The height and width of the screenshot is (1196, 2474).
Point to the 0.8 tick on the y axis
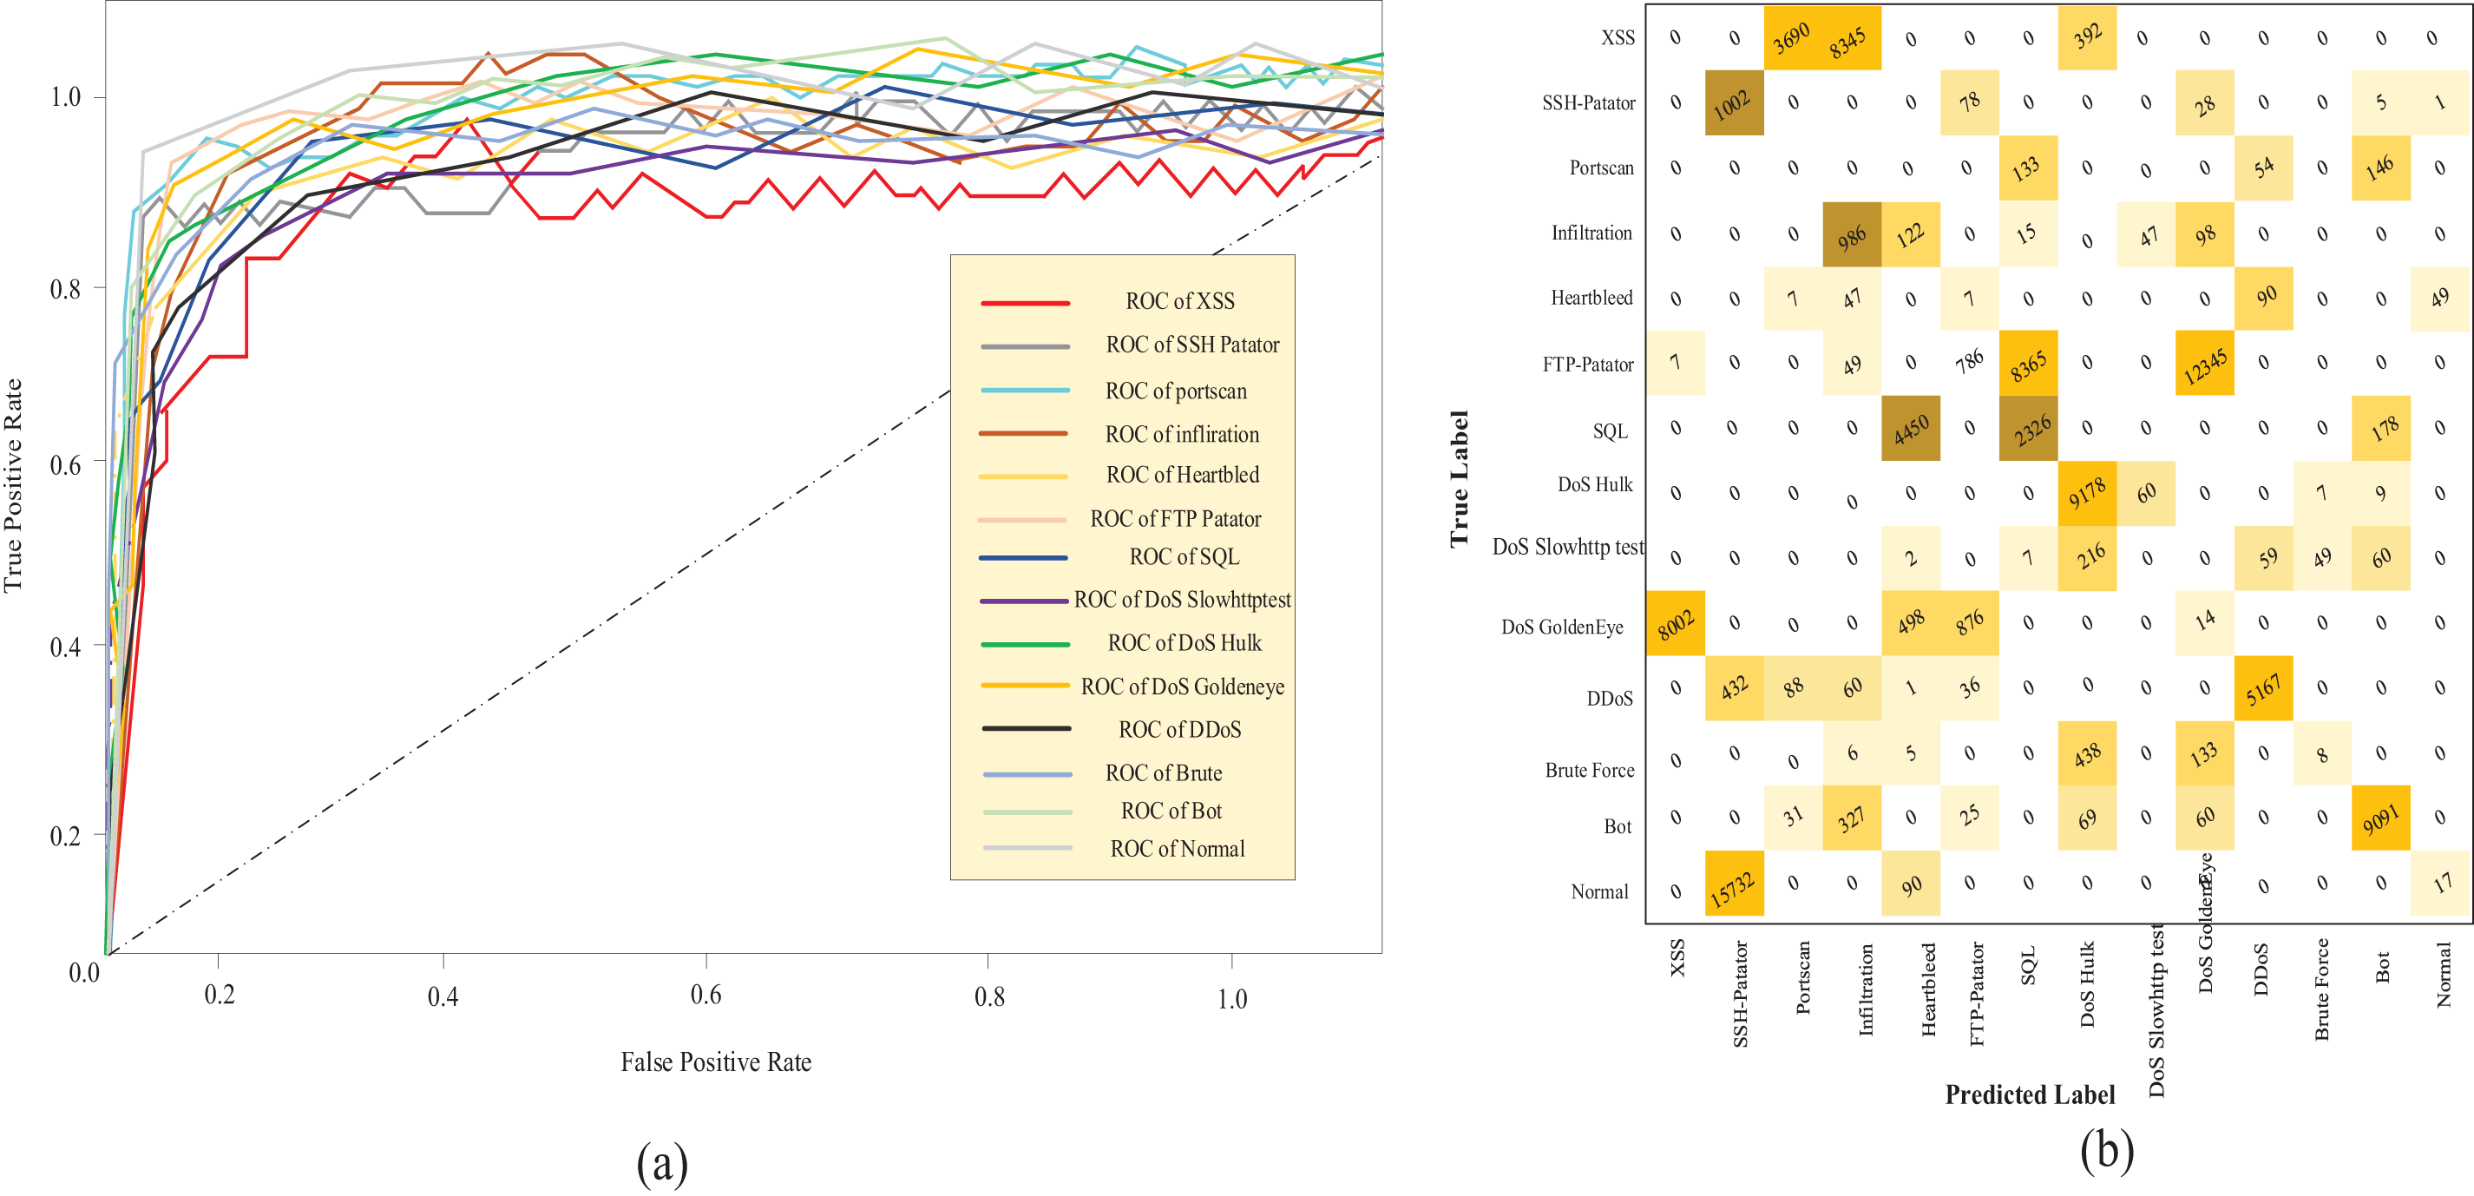[65, 288]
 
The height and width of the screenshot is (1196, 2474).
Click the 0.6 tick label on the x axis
[705, 996]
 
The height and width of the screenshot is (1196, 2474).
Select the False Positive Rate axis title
[716, 1062]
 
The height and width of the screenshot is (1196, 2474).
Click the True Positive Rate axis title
[13, 485]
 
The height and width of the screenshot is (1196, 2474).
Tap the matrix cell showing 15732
[1734, 884]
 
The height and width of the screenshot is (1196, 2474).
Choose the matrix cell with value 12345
[2204, 363]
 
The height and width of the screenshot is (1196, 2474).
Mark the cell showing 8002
[1675, 623]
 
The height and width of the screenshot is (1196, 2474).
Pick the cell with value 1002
[1734, 102]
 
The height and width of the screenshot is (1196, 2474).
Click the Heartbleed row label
[1591, 298]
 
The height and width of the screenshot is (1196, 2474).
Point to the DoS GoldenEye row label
[1562, 628]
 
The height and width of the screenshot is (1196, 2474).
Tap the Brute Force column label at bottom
[2322, 989]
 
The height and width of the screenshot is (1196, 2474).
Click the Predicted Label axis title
[2030, 1095]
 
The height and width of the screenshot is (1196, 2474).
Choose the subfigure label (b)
[2106, 1151]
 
